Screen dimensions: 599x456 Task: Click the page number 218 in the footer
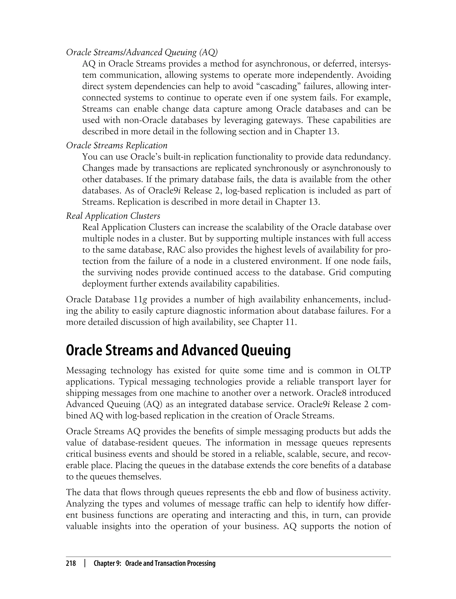[x=71, y=563]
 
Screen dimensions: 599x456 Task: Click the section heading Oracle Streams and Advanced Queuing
[x=178, y=350]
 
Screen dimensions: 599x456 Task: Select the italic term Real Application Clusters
[x=113, y=216]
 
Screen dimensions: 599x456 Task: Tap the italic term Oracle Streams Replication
[x=117, y=145]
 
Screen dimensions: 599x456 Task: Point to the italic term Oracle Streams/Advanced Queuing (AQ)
[x=142, y=52]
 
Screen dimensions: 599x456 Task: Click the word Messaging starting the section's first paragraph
[x=86, y=371]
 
